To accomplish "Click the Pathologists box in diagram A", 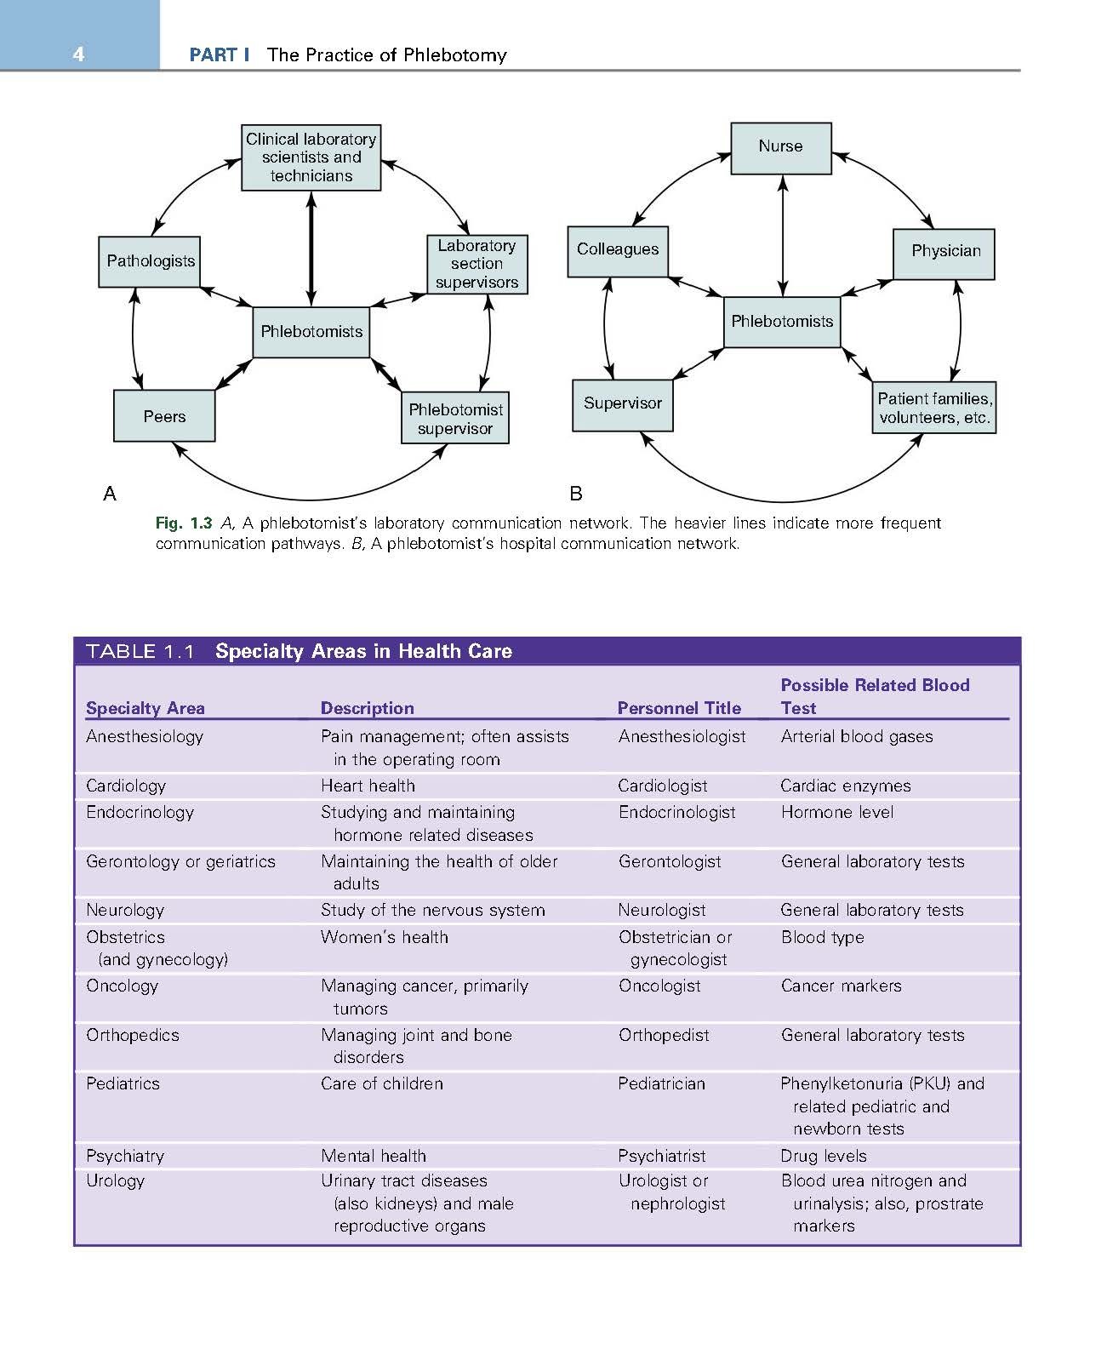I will point(150,261).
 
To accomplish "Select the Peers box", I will point(164,416).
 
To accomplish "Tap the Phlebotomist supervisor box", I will point(455,418).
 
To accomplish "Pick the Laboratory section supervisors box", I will point(476,264).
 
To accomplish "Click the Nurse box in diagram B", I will point(780,147).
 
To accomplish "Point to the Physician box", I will point(944,252).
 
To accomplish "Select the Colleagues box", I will point(618,250).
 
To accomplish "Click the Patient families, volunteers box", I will point(933,408).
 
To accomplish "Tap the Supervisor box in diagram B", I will point(622,404).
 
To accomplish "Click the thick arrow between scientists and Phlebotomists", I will point(311,249).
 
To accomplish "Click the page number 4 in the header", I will point(79,54).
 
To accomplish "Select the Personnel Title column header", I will point(679,708).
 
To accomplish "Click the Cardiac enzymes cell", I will point(845,786).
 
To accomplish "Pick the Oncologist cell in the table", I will point(659,986).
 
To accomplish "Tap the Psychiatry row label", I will point(124,1156).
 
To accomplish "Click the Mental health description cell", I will point(373,1156).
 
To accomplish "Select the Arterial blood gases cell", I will point(856,736).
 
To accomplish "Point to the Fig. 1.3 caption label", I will point(183,523).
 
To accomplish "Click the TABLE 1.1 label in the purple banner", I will point(140,652).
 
